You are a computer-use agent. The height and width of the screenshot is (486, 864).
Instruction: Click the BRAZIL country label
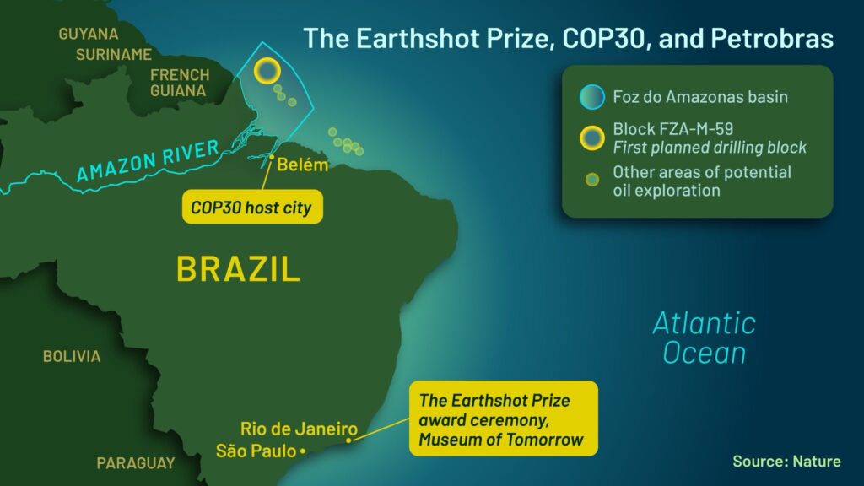(238, 268)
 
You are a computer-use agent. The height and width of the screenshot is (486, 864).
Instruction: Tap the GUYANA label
(88, 34)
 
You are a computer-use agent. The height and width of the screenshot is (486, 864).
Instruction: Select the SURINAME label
(114, 55)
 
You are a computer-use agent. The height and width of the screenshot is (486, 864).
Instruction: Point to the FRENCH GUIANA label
(180, 83)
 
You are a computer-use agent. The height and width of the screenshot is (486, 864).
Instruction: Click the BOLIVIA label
(72, 357)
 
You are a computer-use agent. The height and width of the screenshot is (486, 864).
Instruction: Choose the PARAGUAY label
(136, 463)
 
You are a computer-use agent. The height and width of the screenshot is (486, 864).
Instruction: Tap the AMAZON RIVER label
(148, 160)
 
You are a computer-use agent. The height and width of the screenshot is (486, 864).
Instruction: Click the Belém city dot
(272, 157)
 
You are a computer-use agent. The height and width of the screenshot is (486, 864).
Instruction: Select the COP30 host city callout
(252, 208)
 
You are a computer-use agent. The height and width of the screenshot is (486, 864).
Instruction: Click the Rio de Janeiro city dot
(348, 440)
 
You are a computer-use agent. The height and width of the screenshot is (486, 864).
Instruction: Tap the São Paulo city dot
(303, 451)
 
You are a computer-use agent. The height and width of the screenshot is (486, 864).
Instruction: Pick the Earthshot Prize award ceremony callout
(503, 418)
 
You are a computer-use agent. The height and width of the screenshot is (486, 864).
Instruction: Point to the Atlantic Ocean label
(705, 337)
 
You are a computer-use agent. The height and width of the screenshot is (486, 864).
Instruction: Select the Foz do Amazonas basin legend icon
(592, 97)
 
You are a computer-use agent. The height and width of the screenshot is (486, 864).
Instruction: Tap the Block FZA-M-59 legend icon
(592, 138)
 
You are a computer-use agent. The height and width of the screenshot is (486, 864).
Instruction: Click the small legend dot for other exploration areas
(592, 181)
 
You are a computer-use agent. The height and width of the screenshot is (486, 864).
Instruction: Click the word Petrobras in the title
(772, 39)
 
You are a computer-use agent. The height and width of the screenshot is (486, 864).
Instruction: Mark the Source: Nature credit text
(786, 462)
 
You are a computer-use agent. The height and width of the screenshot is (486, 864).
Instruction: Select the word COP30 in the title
(603, 39)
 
